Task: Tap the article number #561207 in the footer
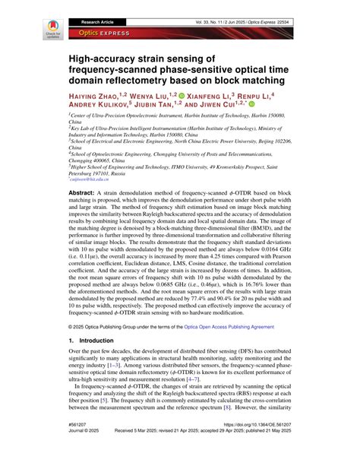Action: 79,443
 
